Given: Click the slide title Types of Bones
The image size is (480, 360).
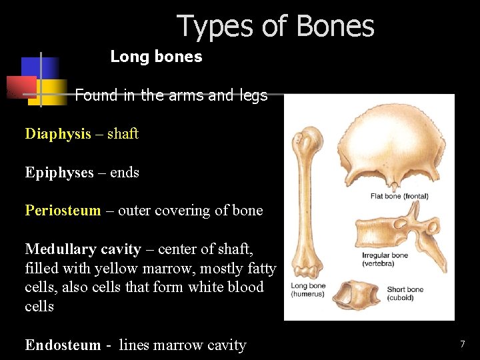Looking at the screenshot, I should (x=275, y=27).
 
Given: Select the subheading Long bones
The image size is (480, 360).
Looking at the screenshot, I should (x=156, y=57).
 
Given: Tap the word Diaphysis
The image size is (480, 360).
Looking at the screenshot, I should (x=58, y=134).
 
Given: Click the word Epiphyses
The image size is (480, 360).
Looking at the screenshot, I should (x=59, y=173).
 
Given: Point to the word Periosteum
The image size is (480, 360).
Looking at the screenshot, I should (x=63, y=211).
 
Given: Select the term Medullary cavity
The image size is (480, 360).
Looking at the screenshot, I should (x=83, y=249).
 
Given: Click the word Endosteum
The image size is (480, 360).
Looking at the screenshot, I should (x=63, y=345).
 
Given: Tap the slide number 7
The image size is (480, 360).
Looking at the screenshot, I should (x=462, y=344).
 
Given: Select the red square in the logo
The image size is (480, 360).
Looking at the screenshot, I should (x=20, y=87).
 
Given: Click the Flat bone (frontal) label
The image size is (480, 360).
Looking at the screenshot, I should (x=399, y=197).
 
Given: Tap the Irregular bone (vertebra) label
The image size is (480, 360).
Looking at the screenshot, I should (x=385, y=259).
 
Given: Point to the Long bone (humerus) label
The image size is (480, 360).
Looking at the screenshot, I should (x=308, y=290).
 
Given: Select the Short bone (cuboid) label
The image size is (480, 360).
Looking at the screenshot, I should (x=405, y=293).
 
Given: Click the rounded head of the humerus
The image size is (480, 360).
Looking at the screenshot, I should (x=306, y=142).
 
